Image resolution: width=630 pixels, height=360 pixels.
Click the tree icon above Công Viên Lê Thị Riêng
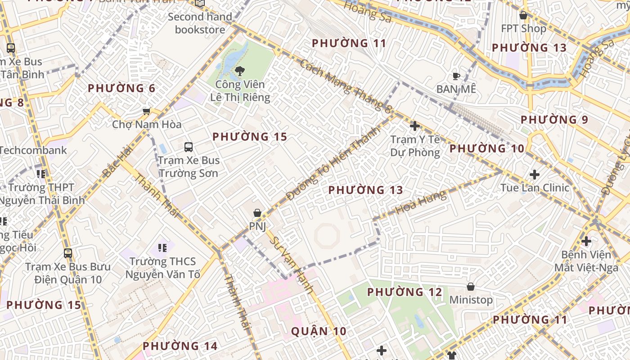click(x=239, y=71)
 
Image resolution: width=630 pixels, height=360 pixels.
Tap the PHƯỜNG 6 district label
click(x=121, y=88)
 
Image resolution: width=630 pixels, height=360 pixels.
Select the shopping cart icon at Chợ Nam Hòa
click(x=146, y=111)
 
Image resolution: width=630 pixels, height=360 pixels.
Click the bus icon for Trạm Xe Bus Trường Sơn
click(x=189, y=147)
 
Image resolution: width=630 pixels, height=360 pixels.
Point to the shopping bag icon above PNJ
click(x=257, y=213)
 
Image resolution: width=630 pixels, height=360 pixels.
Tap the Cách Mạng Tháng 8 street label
click(x=345, y=85)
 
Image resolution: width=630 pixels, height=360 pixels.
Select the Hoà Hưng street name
click(x=421, y=202)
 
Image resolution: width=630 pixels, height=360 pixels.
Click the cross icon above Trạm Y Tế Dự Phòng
click(x=415, y=126)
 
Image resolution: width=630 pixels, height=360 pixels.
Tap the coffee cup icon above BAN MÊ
click(x=456, y=76)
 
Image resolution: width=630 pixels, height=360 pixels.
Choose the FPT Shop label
click(x=523, y=28)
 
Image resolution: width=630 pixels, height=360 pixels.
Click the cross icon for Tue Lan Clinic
click(x=535, y=174)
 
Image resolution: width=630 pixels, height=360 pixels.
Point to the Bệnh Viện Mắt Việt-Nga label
click(x=586, y=261)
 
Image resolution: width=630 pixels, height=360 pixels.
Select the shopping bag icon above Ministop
click(x=471, y=287)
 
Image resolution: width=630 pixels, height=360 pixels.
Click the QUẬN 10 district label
click(x=319, y=332)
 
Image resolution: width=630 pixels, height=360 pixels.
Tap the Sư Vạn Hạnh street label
click(x=291, y=265)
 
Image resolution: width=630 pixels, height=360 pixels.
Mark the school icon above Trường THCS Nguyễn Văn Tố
click(x=162, y=247)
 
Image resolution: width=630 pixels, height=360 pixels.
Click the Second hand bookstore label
click(x=200, y=23)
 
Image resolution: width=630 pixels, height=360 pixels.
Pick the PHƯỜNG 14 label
click(x=180, y=346)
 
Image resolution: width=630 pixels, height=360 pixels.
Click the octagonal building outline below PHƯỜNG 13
click(x=327, y=236)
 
